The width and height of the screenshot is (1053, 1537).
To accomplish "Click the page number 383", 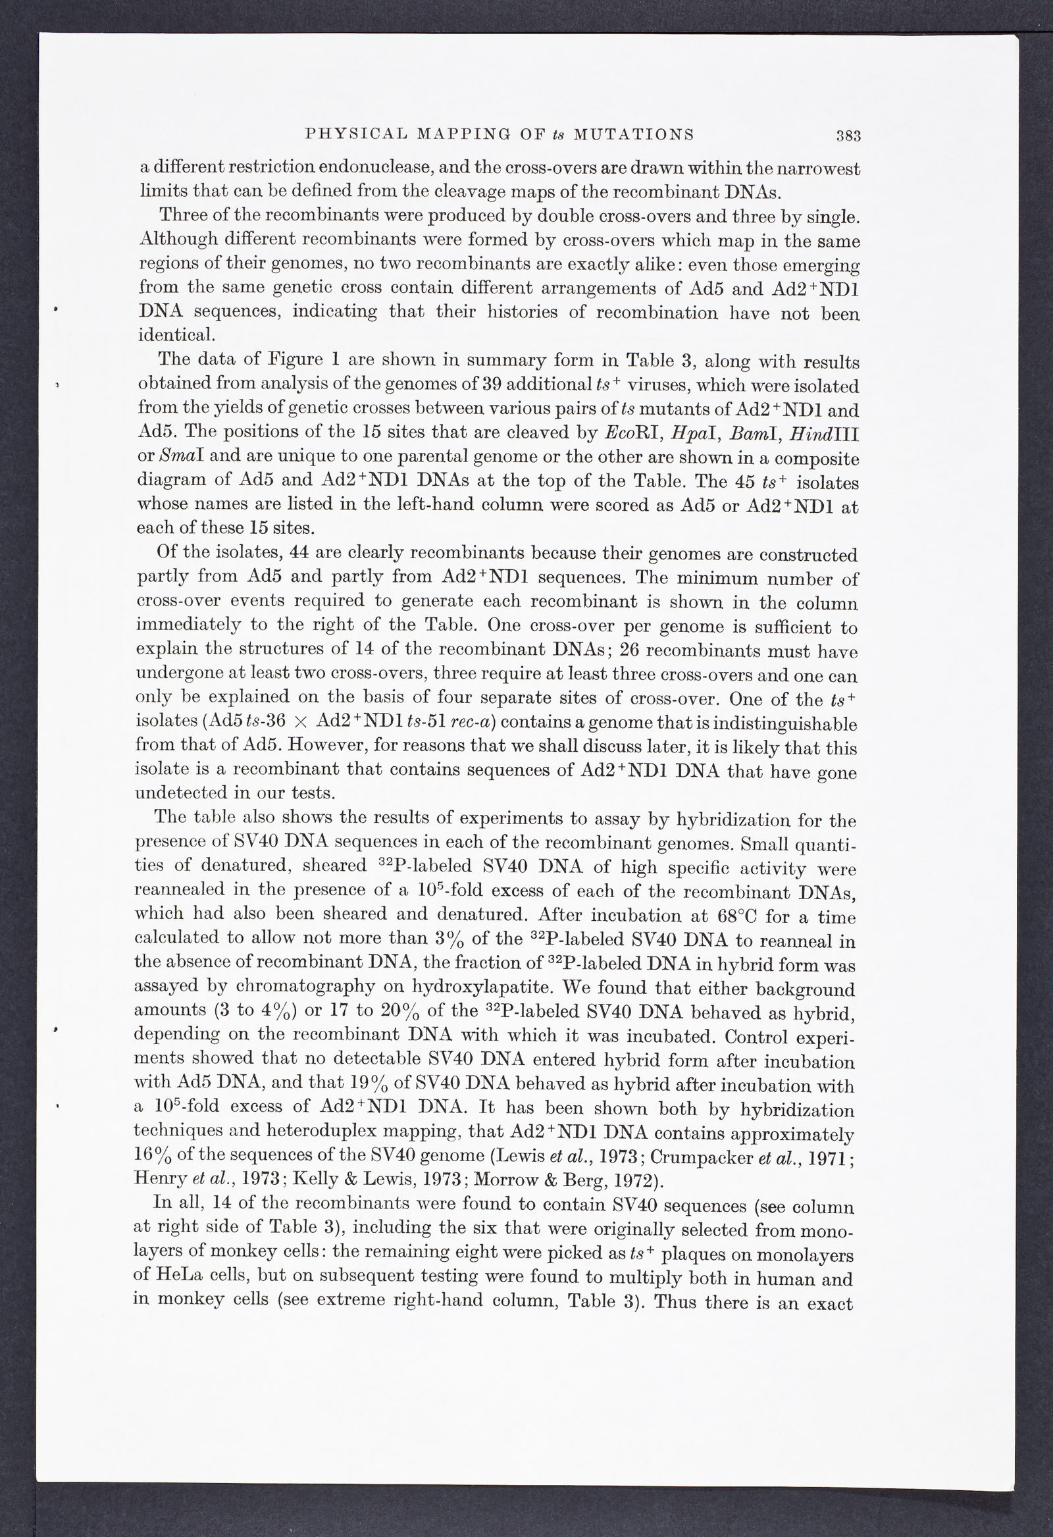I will pos(848,137).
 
